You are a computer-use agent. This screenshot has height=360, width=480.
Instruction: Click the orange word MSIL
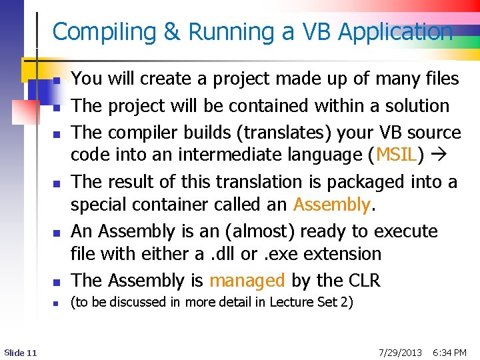tap(397, 155)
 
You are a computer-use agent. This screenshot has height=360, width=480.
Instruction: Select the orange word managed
tap(247, 281)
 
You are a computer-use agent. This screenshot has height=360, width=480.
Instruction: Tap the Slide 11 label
tap(20, 352)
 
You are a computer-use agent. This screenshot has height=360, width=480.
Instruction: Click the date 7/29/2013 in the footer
tap(399, 352)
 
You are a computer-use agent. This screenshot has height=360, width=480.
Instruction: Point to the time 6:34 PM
tap(449, 352)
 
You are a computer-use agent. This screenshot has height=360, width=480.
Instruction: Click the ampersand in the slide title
tap(172, 32)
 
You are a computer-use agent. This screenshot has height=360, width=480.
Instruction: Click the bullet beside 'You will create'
tap(57, 81)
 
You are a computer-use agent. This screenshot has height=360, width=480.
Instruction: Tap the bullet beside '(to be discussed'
tap(57, 304)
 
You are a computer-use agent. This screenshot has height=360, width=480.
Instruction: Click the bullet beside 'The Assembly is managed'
tap(57, 283)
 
